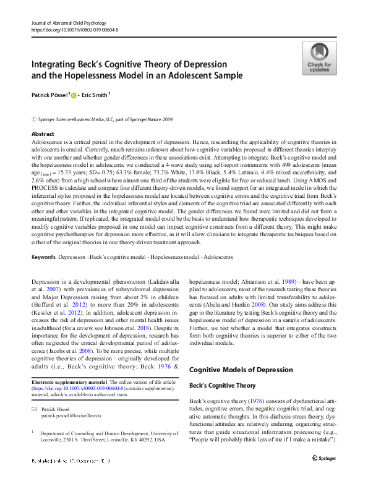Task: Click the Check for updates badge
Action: [319, 59]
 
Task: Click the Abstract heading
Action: [42, 134]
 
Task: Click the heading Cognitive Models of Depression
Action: [241, 370]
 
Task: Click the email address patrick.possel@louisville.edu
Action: [72, 417]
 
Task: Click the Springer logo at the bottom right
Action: [327, 457]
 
